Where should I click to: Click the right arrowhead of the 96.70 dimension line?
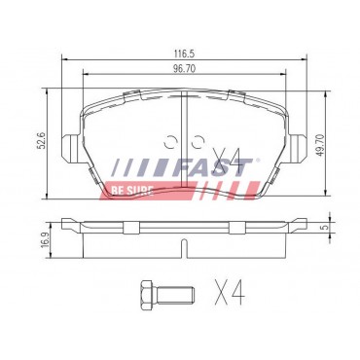point(277,79)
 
